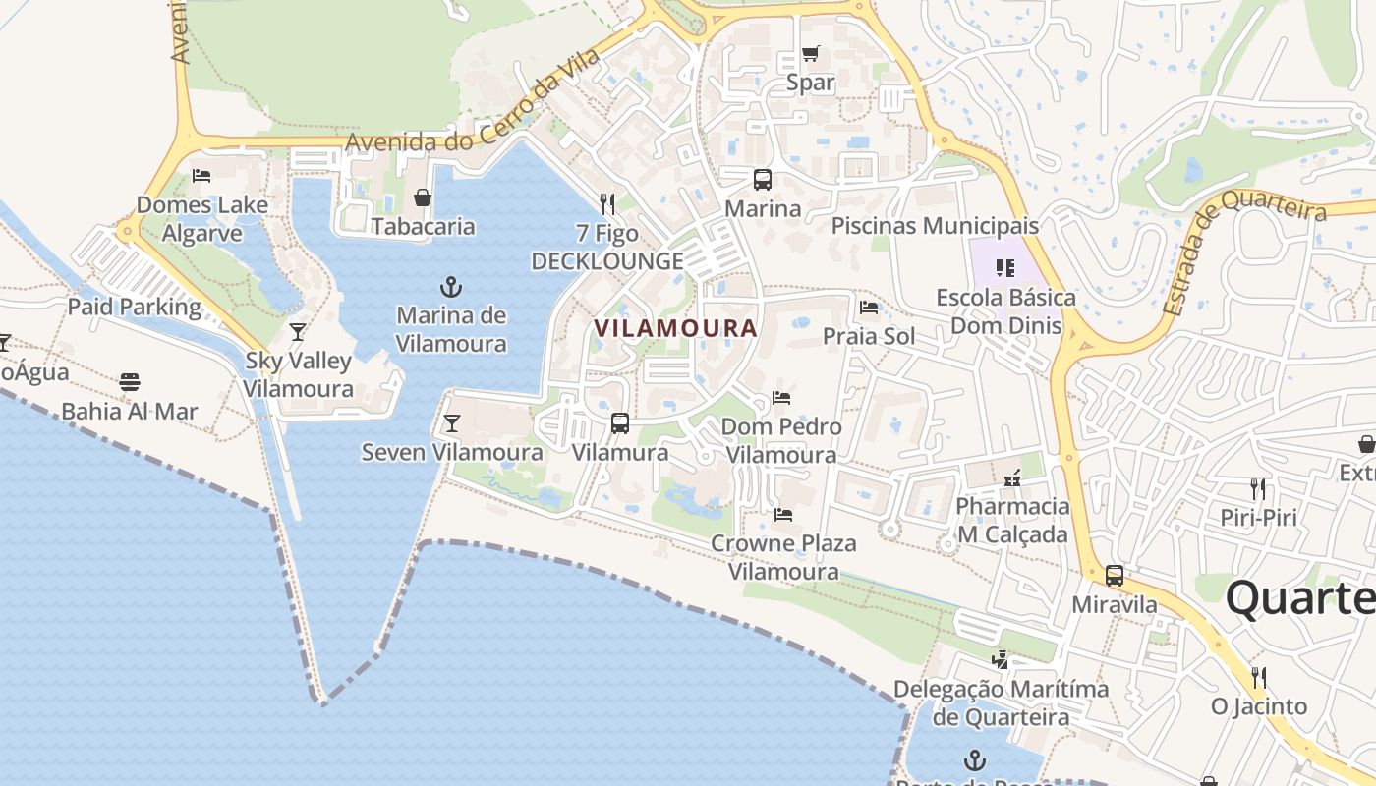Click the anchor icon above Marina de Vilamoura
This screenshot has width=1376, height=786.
click(x=450, y=287)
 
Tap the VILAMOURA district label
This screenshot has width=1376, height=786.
click(x=675, y=328)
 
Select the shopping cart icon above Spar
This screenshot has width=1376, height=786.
click(x=810, y=53)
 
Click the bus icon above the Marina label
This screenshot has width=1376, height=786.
click(x=763, y=180)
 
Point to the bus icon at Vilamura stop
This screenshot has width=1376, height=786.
click(x=620, y=423)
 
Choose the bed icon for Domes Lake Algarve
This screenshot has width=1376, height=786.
click(x=201, y=176)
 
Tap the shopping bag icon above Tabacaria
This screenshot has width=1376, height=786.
click(x=423, y=197)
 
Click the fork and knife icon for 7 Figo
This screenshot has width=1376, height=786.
click(x=607, y=204)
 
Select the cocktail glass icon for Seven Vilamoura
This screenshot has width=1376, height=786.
click(x=451, y=423)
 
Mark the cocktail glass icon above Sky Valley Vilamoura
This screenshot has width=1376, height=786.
click(x=298, y=331)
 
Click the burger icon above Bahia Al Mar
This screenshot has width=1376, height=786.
click(x=130, y=382)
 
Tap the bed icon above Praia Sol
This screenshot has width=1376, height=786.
click(x=869, y=308)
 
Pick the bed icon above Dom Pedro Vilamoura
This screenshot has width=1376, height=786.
click(x=781, y=398)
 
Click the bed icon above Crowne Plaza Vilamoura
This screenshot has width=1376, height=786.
click(x=783, y=514)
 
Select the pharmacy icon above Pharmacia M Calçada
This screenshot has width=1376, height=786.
click(x=1012, y=478)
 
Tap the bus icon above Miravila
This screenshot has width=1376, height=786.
click(x=1115, y=576)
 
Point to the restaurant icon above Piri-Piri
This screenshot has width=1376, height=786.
click(x=1257, y=488)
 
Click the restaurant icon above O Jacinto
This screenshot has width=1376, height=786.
click(x=1258, y=677)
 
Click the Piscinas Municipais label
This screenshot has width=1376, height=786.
click(x=935, y=226)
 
